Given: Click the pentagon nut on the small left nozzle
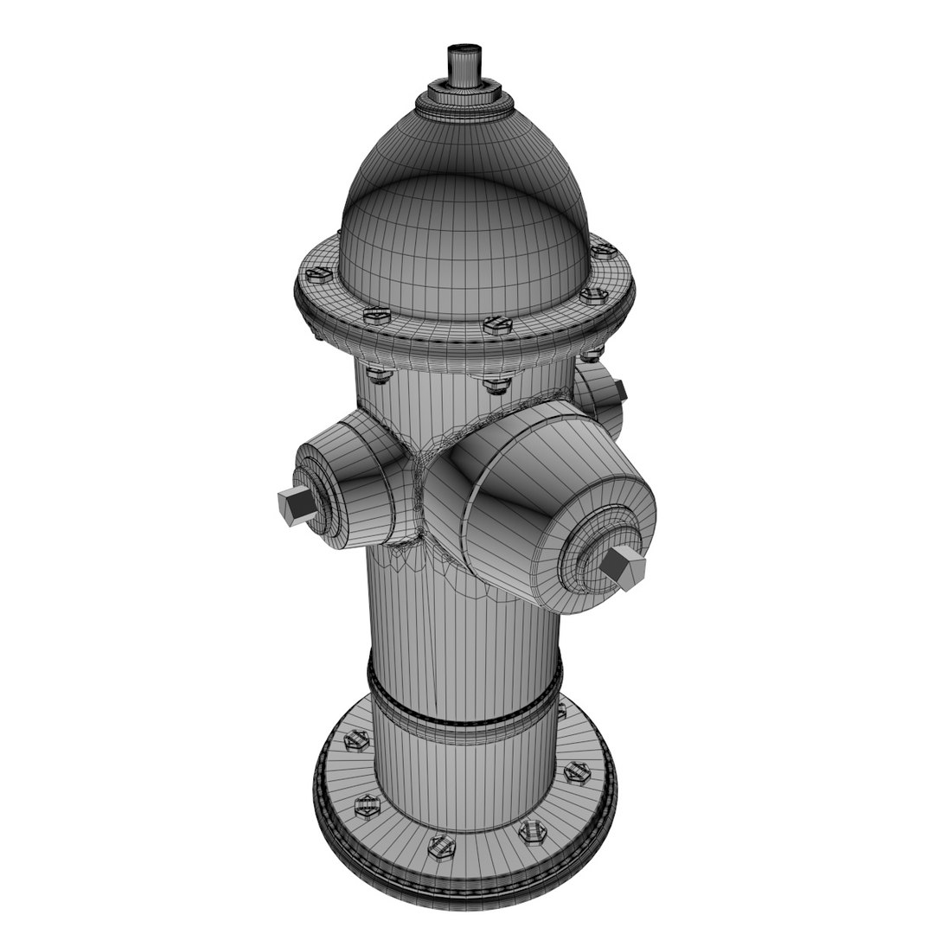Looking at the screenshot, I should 293,503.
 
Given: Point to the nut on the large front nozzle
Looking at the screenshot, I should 622,566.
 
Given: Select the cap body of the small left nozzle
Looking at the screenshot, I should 363,480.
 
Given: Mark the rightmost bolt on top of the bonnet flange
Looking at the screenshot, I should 604,251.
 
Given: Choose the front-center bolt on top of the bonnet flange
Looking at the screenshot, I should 496,325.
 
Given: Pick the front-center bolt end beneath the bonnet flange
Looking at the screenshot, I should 496,383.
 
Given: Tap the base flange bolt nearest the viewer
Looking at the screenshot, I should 440,845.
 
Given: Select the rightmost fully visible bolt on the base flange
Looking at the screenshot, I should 577,771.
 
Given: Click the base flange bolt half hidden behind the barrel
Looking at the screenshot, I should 561,711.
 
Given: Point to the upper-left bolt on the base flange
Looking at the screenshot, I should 355,740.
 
